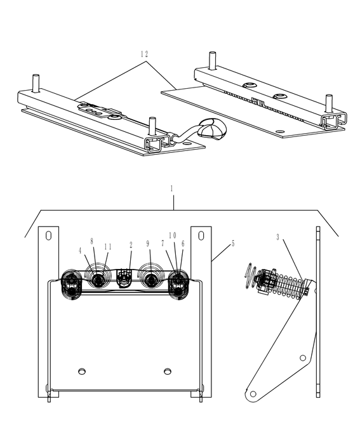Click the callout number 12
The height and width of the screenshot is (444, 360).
[x=145, y=54]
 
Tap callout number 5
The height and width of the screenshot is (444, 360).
[x=232, y=243]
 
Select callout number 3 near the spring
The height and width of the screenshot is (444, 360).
[x=277, y=237]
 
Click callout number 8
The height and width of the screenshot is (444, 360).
[x=92, y=242]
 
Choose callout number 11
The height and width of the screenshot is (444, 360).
[x=107, y=246]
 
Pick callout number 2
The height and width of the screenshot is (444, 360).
[x=130, y=244]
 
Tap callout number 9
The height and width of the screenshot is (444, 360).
[x=148, y=243]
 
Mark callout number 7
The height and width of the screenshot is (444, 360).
[x=163, y=244]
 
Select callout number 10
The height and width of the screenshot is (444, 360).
[x=173, y=235]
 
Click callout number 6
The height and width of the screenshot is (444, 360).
[x=183, y=243]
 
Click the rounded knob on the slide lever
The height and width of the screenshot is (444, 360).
[x=210, y=129]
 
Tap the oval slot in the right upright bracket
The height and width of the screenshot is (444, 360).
[x=201, y=235]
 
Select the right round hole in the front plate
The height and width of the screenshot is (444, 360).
[x=167, y=370]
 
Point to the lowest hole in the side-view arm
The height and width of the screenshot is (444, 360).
[x=253, y=394]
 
